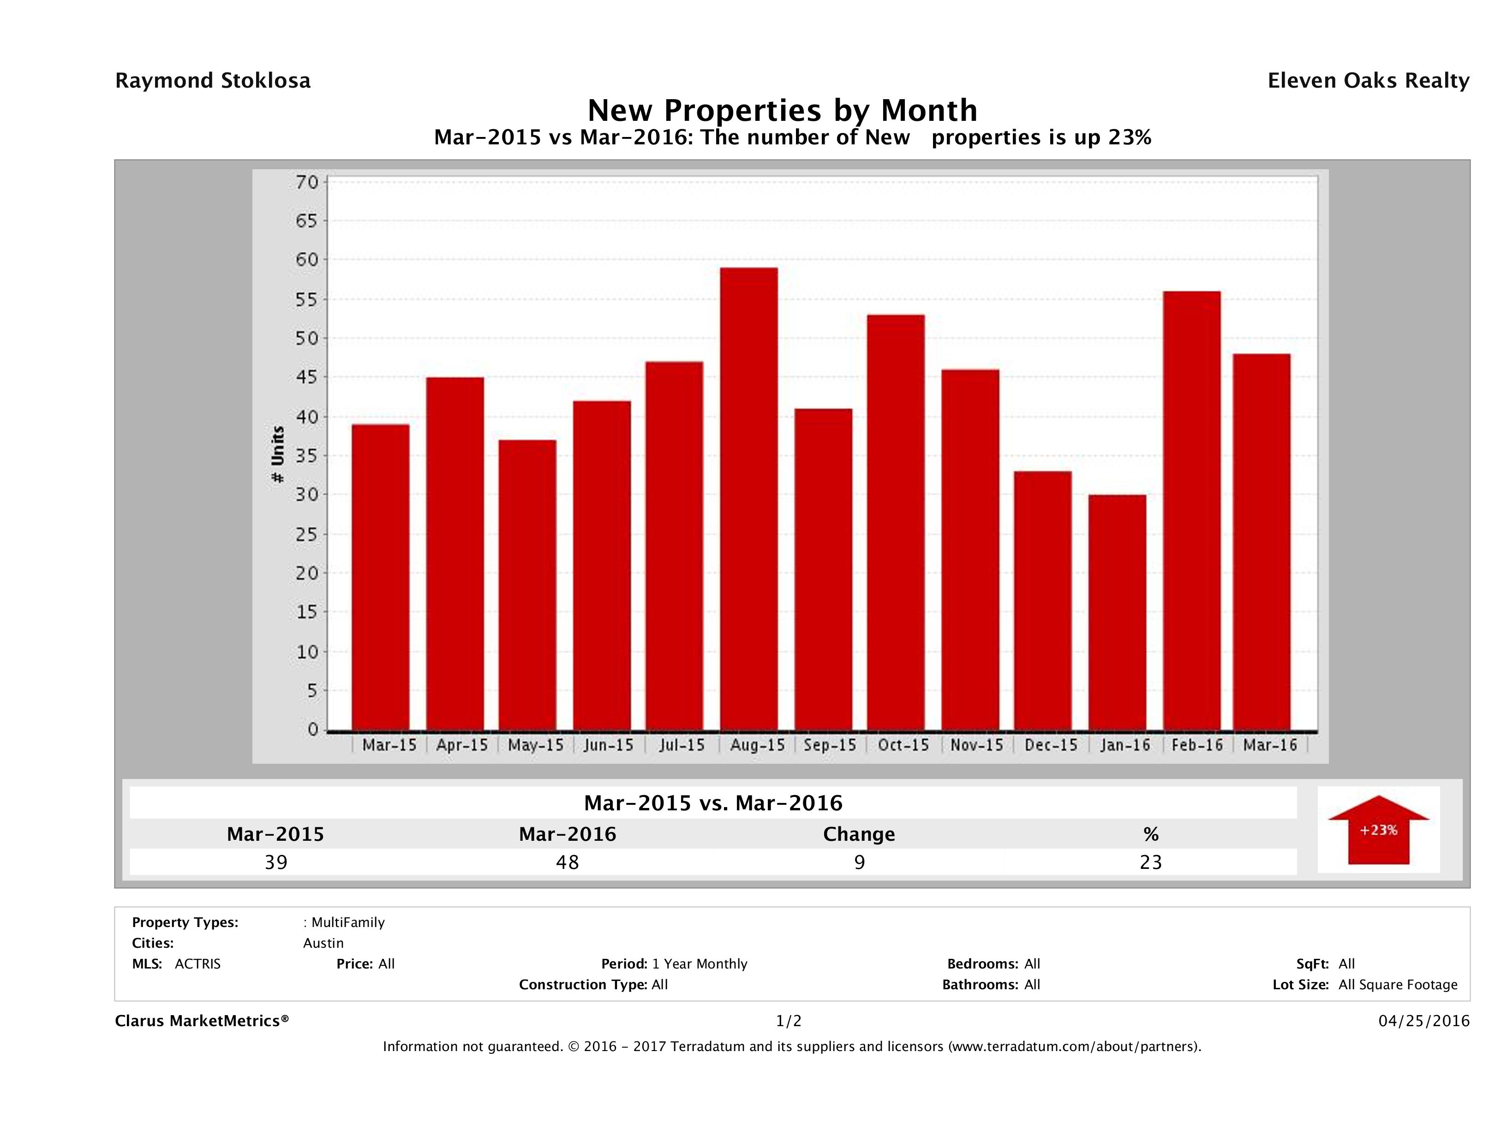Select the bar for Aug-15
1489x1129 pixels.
click(x=748, y=499)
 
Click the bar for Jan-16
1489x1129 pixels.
click(x=1117, y=612)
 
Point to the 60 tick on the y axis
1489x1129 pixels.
click(x=306, y=260)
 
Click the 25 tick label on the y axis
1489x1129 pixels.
click(x=306, y=534)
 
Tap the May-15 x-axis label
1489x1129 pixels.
click(x=536, y=745)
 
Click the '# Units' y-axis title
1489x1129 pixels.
click(x=277, y=455)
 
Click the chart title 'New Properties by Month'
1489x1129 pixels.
click(x=782, y=110)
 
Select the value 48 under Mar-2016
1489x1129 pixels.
click(x=568, y=862)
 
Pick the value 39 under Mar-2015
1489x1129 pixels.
click(x=276, y=862)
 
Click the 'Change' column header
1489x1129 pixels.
click(x=859, y=834)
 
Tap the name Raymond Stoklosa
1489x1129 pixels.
click(x=213, y=81)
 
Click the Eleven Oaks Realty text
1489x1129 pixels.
click(x=1368, y=81)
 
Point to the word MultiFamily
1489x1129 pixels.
click(x=348, y=922)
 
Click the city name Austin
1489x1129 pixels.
click(x=323, y=943)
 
